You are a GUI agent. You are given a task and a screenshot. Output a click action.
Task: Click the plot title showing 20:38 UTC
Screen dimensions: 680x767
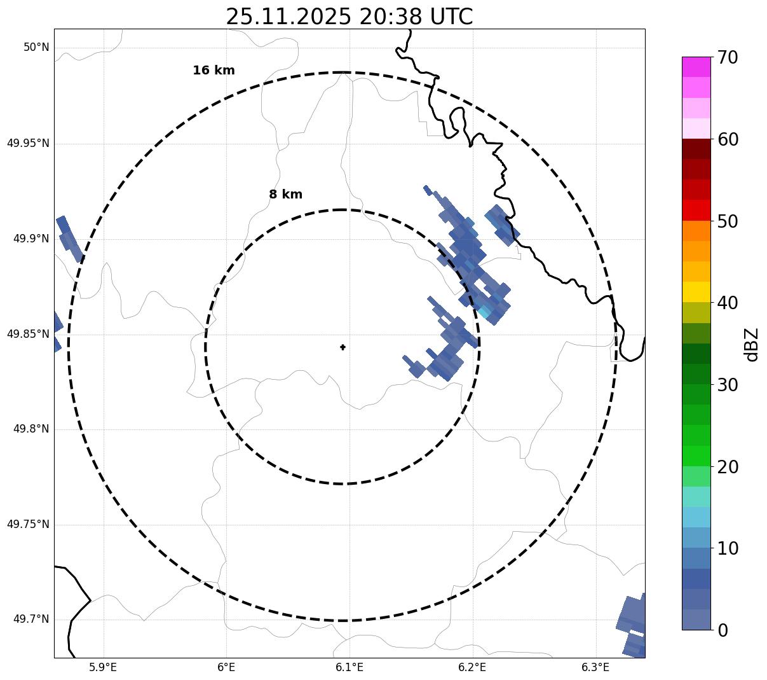coord(349,17)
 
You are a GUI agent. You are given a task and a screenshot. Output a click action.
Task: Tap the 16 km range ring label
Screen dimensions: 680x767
coord(214,71)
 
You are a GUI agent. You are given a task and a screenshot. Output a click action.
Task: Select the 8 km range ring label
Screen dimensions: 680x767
coord(285,195)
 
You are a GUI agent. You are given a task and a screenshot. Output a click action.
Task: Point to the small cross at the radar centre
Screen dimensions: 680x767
coord(343,347)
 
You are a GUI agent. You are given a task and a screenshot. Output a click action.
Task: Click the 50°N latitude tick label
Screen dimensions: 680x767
coord(36,48)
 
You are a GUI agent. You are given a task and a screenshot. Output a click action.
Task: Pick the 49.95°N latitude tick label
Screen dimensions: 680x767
coord(28,143)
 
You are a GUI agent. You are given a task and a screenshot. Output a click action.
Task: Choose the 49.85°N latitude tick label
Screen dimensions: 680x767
coord(28,334)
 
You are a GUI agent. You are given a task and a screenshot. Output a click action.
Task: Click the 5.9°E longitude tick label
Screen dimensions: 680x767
coord(103,667)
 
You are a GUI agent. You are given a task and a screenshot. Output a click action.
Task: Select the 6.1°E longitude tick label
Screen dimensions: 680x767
coord(349,667)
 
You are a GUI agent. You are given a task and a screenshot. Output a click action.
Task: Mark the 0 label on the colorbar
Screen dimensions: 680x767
coord(724,630)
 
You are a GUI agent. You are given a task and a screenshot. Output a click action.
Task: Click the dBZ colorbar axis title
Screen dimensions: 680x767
coord(752,344)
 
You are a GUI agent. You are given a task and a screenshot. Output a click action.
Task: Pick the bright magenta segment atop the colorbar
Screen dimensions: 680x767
coord(696,67)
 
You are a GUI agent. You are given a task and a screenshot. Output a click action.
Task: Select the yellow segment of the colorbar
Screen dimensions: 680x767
coord(696,292)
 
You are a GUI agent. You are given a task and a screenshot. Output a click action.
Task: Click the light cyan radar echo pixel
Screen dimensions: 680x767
coord(484,312)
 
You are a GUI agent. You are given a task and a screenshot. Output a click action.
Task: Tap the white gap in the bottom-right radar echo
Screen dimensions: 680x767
coord(636,633)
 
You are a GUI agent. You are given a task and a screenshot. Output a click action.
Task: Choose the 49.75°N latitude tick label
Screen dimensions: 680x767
coord(28,524)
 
